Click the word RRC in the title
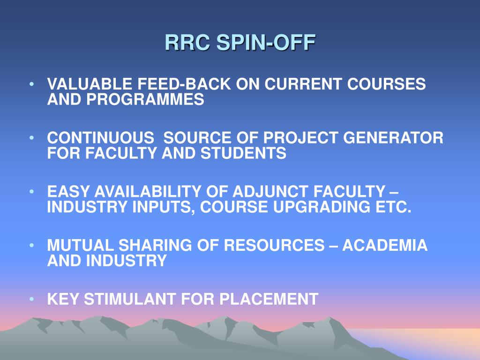point(187,42)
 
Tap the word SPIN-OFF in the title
point(266,42)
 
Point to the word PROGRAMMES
point(145,99)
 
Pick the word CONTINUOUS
point(101,137)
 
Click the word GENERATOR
point(393,137)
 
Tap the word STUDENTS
point(243,153)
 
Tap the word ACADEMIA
point(385,245)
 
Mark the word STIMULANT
point(130,299)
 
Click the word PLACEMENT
point(269,299)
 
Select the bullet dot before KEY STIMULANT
point(31,299)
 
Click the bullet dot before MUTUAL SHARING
point(31,245)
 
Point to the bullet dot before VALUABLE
point(31,84)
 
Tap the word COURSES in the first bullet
point(386,84)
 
